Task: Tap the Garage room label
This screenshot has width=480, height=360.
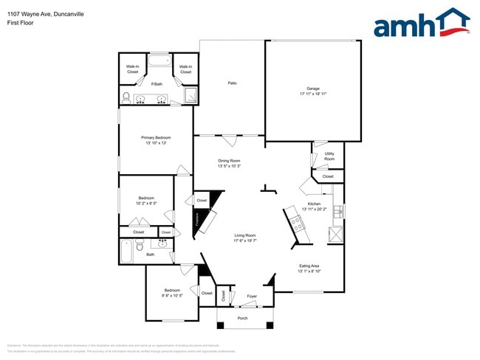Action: [x=314, y=88]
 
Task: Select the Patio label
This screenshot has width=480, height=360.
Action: [x=231, y=83]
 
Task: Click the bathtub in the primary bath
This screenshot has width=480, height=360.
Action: [x=159, y=59]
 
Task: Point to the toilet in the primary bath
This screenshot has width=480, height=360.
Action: [x=126, y=97]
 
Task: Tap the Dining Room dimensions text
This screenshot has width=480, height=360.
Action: [x=229, y=166]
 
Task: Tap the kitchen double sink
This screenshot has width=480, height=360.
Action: [x=338, y=212]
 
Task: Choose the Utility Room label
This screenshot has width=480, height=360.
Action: [x=329, y=156]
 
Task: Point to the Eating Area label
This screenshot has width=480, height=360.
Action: [x=309, y=266]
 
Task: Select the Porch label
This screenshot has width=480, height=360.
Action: [x=242, y=318]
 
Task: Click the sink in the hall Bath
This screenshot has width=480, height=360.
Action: [x=163, y=242]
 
